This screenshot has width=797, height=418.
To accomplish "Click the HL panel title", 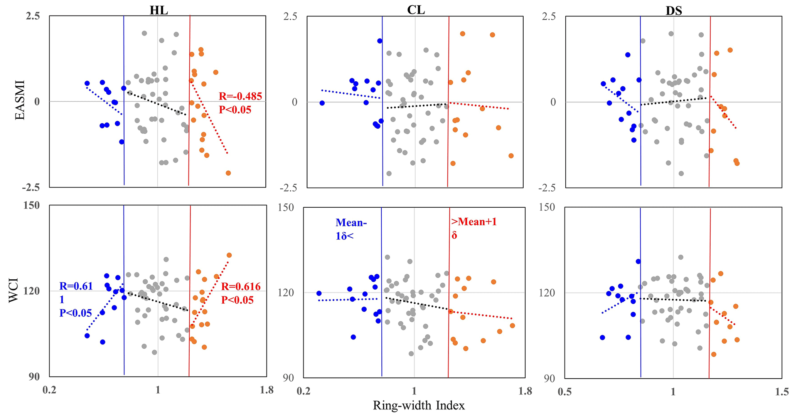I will (159, 10).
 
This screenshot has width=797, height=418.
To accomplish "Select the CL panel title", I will (416, 10).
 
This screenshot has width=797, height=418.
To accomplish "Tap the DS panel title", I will (674, 10).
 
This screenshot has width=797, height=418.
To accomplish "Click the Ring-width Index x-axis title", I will (419, 406).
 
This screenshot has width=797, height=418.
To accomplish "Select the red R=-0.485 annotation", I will (240, 96).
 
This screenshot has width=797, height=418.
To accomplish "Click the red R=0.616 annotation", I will (241, 287).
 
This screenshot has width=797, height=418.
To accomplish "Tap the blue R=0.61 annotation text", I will (76, 286).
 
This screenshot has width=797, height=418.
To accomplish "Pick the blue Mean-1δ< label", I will (351, 223).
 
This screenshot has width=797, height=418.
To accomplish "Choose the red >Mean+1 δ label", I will (474, 222).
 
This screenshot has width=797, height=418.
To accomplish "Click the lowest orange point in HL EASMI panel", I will (228, 173).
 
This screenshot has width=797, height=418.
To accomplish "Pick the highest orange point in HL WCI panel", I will (229, 255).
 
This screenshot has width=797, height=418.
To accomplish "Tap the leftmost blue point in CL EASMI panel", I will (322, 103).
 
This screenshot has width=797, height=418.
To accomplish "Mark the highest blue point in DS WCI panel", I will (638, 262).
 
